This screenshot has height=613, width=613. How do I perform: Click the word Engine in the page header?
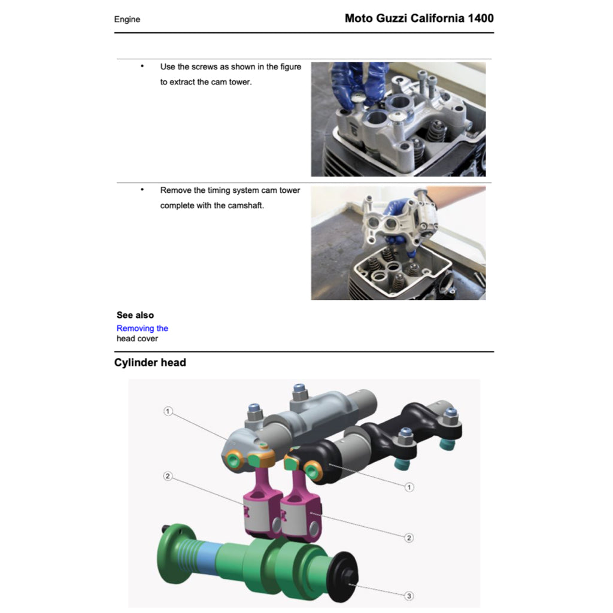click(x=127, y=19)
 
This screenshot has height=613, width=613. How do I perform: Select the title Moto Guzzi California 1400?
click(x=419, y=18)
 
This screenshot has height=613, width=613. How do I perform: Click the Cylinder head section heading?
click(x=150, y=362)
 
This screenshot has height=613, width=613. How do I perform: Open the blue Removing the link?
click(x=142, y=328)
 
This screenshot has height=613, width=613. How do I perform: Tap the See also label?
click(x=135, y=315)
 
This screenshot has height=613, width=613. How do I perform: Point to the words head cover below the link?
click(x=137, y=338)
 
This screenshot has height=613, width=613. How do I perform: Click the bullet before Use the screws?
click(x=142, y=66)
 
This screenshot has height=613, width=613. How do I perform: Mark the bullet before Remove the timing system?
click(x=142, y=190)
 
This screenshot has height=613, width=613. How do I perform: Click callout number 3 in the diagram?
click(x=409, y=596)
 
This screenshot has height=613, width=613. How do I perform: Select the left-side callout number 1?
click(x=168, y=411)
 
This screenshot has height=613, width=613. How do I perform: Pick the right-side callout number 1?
click(x=409, y=487)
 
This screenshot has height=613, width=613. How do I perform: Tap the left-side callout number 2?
click(x=168, y=477)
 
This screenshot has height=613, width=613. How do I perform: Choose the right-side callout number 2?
click(x=409, y=538)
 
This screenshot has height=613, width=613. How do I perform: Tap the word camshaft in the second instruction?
click(x=247, y=206)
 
